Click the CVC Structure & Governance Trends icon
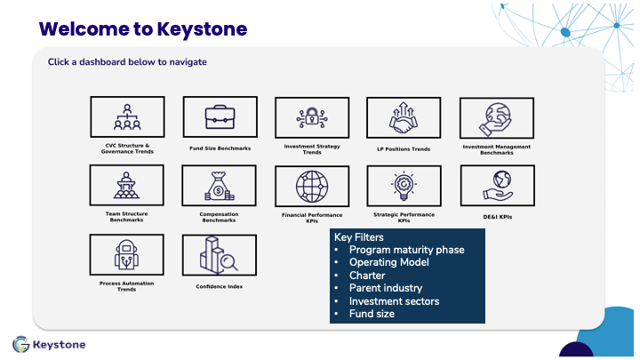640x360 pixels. click(x=127, y=116)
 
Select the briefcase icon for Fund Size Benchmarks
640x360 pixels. click(x=220, y=116)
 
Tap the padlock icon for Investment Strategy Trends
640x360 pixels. click(x=312, y=117)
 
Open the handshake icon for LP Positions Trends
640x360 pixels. click(x=404, y=117)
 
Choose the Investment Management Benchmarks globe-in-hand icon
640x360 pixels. click(x=495, y=119)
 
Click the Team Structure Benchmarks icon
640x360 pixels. click(x=126, y=185)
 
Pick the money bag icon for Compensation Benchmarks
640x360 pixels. click(x=220, y=186)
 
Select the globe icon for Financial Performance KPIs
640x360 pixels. click(x=312, y=187)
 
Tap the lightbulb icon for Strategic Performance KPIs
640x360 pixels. click(x=404, y=186)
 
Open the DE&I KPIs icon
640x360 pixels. click(x=498, y=186)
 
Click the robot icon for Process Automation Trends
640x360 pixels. click(x=126, y=255)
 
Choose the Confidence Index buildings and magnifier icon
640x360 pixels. click(x=219, y=255)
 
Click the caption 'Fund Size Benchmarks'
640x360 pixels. click(x=220, y=148)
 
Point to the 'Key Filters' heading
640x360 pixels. click(x=359, y=237)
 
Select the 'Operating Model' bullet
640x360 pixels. click(x=389, y=262)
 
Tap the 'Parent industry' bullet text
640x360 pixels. click(x=386, y=288)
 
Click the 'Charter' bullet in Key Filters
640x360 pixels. click(x=367, y=276)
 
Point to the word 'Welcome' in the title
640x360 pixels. click(x=84, y=29)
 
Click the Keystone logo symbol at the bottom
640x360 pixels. click(x=20, y=345)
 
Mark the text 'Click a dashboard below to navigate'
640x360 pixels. click(x=127, y=62)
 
